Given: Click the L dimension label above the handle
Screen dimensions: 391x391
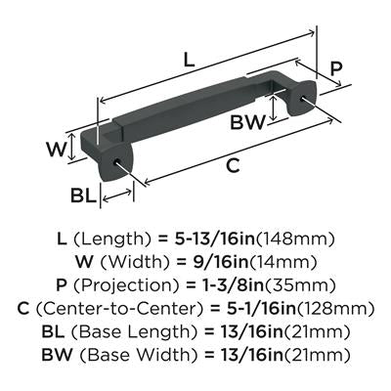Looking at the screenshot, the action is (189, 60).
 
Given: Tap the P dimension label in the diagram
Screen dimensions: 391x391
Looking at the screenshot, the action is (335, 68).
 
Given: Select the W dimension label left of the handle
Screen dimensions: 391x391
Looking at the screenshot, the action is (56, 150).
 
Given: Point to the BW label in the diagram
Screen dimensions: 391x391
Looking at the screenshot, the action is (247, 122).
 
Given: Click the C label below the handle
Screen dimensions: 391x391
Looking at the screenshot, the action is (233, 165).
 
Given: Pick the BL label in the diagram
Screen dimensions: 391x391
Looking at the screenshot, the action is (84, 195).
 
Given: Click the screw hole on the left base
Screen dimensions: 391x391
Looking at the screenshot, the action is (116, 161).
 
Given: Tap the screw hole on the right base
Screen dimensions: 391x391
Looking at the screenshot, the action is (303, 98).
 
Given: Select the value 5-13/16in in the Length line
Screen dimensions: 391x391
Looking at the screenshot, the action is (214, 239).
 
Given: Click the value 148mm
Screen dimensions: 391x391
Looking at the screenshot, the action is (296, 239).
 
